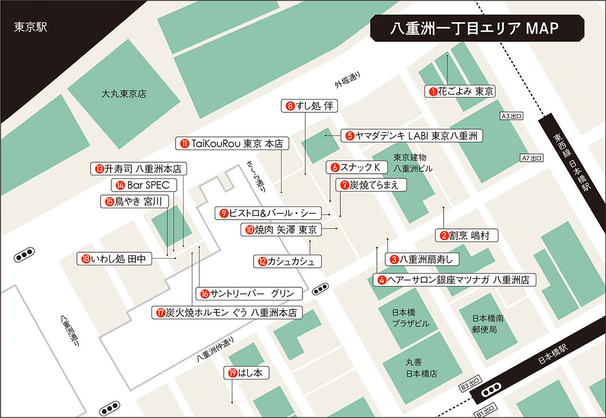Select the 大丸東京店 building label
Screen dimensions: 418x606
123,93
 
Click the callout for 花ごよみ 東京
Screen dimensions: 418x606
461,91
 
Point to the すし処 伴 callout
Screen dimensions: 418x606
310,106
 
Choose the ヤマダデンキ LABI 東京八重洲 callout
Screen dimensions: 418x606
411,136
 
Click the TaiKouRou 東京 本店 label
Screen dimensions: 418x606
232,144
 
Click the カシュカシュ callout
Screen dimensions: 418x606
287,261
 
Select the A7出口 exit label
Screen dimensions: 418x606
531,158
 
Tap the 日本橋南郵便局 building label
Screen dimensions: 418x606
488,323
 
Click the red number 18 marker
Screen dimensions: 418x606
86,259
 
